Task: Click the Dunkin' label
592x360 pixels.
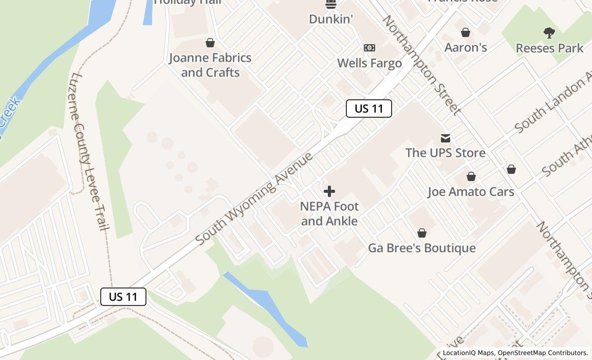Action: pyautogui.click(x=331, y=19)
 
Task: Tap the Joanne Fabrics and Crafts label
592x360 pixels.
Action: pyautogui.click(x=210, y=65)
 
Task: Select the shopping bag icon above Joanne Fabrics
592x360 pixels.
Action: pyautogui.click(x=210, y=43)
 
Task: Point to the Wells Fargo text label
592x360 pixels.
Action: pyautogui.click(x=369, y=63)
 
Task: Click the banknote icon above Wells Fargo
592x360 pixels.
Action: pyautogui.click(x=369, y=48)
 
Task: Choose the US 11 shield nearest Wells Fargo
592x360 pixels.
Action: pyautogui.click(x=369, y=109)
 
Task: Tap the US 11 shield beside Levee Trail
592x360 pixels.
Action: pyautogui.click(x=123, y=297)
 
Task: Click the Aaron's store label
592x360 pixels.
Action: pyautogui.click(x=466, y=47)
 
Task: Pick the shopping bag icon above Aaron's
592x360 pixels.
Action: pyautogui.click(x=466, y=33)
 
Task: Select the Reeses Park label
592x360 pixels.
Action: pyautogui.click(x=549, y=48)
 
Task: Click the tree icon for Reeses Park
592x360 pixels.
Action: pyautogui.click(x=549, y=33)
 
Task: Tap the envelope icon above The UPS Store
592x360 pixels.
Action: pyautogui.click(x=446, y=138)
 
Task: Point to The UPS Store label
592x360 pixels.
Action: pyautogui.click(x=446, y=153)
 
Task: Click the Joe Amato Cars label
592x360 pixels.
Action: pyautogui.click(x=471, y=192)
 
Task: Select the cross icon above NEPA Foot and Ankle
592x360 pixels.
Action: pyautogui.click(x=329, y=192)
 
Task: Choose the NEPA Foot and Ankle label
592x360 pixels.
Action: pyautogui.click(x=329, y=213)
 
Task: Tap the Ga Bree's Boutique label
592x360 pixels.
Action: pyautogui.click(x=422, y=248)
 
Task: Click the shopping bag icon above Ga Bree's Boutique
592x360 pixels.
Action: pyautogui.click(x=422, y=233)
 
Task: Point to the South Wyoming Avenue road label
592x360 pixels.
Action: pyautogui.click(x=254, y=198)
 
